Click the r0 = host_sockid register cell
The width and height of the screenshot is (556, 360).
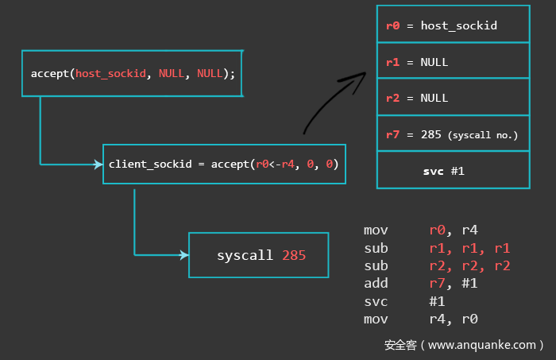tap(453, 25)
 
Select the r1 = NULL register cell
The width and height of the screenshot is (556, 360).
tap(453, 61)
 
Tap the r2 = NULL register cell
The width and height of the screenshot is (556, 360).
tap(453, 98)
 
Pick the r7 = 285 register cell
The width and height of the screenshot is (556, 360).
tap(453, 134)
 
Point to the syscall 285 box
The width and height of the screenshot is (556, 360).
tap(258, 255)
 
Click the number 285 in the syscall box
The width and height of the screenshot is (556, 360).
tap(293, 256)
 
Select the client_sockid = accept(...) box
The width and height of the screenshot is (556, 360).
tap(224, 165)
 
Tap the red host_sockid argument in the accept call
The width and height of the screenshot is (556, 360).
tap(110, 74)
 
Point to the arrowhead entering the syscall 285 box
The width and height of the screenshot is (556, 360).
tap(184, 255)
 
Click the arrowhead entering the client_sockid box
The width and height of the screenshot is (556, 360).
tap(98, 165)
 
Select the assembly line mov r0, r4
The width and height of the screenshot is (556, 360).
tap(420, 230)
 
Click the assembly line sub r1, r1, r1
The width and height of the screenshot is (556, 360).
tap(437, 248)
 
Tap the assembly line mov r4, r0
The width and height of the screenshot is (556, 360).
tap(420, 319)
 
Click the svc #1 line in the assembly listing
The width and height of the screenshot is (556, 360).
tap(404, 302)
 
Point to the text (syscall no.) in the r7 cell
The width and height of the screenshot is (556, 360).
tap(483, 135)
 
